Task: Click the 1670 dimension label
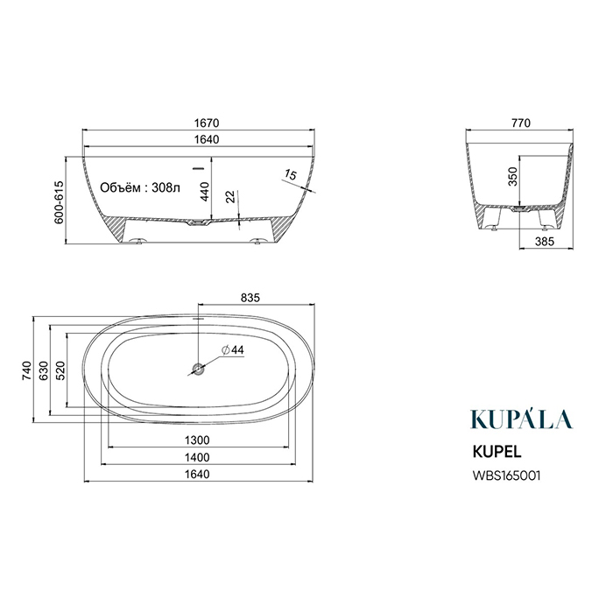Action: [x=207, y=123]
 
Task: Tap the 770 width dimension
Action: [x=521, y=123]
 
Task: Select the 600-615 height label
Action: [x=59, y=202]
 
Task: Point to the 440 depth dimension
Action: [x=204, y=192]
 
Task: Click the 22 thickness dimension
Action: [x=231, y=196]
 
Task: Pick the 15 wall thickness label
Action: [x=291, y=174]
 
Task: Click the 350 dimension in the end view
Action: [x=512, y=176]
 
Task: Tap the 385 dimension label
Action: [x=545, y=242]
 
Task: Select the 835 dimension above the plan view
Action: [x=250, y=298]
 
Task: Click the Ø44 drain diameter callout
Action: [x=233, y=349]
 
